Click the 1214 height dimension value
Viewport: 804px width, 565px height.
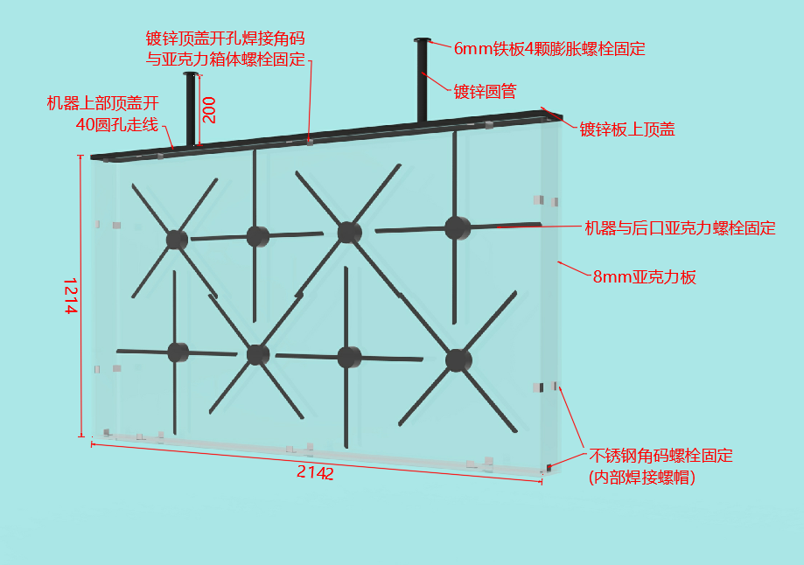coord(70,296)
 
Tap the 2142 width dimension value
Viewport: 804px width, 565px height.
coord(315,471)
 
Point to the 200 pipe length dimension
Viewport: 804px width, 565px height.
coord(209,109)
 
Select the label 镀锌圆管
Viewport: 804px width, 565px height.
coord(485,91)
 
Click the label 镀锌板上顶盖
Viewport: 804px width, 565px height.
coord(627,129)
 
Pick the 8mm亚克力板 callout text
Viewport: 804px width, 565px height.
coord(645,277)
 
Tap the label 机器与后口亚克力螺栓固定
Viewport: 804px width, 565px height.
coord(680,227)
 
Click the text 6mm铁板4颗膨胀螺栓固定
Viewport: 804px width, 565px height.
coord(549,49)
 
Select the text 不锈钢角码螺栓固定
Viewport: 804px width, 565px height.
coord(661,456)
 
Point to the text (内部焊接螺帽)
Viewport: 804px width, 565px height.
coord(642,478)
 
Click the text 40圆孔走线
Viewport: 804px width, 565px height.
coord(117,124)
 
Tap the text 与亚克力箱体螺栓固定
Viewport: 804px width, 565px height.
coord(225,59)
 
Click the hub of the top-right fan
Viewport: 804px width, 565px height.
coord(458,227)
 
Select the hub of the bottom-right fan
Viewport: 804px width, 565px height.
coord(458,360)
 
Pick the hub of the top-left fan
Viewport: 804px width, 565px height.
coord(177,240)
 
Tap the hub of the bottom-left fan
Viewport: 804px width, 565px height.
coord(178,352)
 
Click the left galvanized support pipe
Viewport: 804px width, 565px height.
coord(191,108)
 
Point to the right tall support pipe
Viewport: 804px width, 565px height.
coord(422,81)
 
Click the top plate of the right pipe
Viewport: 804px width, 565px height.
coord(422,39)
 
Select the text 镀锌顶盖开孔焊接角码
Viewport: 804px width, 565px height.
coord(225,38)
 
